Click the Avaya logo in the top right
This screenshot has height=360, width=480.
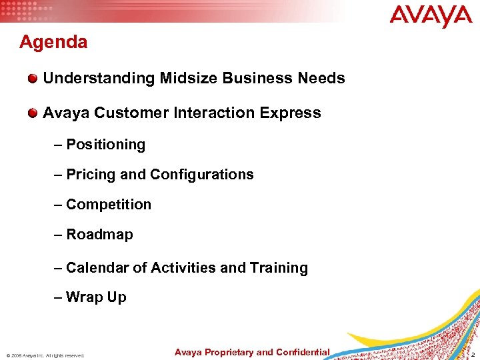(x=431, y=17)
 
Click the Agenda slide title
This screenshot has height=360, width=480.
(x=53, y=43)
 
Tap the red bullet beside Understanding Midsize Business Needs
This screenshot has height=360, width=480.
(x=33, y=79)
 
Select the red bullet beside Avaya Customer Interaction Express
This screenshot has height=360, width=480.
(x=33, y=114)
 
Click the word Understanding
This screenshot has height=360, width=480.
(x=99, y=79)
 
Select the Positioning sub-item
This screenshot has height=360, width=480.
(x=105, y=145)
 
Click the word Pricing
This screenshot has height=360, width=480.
(x=91, y=175)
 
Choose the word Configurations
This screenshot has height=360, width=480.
(x=202, y=175)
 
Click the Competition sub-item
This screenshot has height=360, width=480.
(x=109, y=205)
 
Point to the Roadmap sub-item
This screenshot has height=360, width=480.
(x=99, y=235)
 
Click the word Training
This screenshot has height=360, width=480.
(x=279, y=268)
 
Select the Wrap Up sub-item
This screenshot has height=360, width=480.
(x=96, y=297)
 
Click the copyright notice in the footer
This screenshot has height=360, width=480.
(x=46, y=355)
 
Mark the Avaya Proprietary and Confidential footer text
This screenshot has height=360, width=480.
(x=252, y=352)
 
